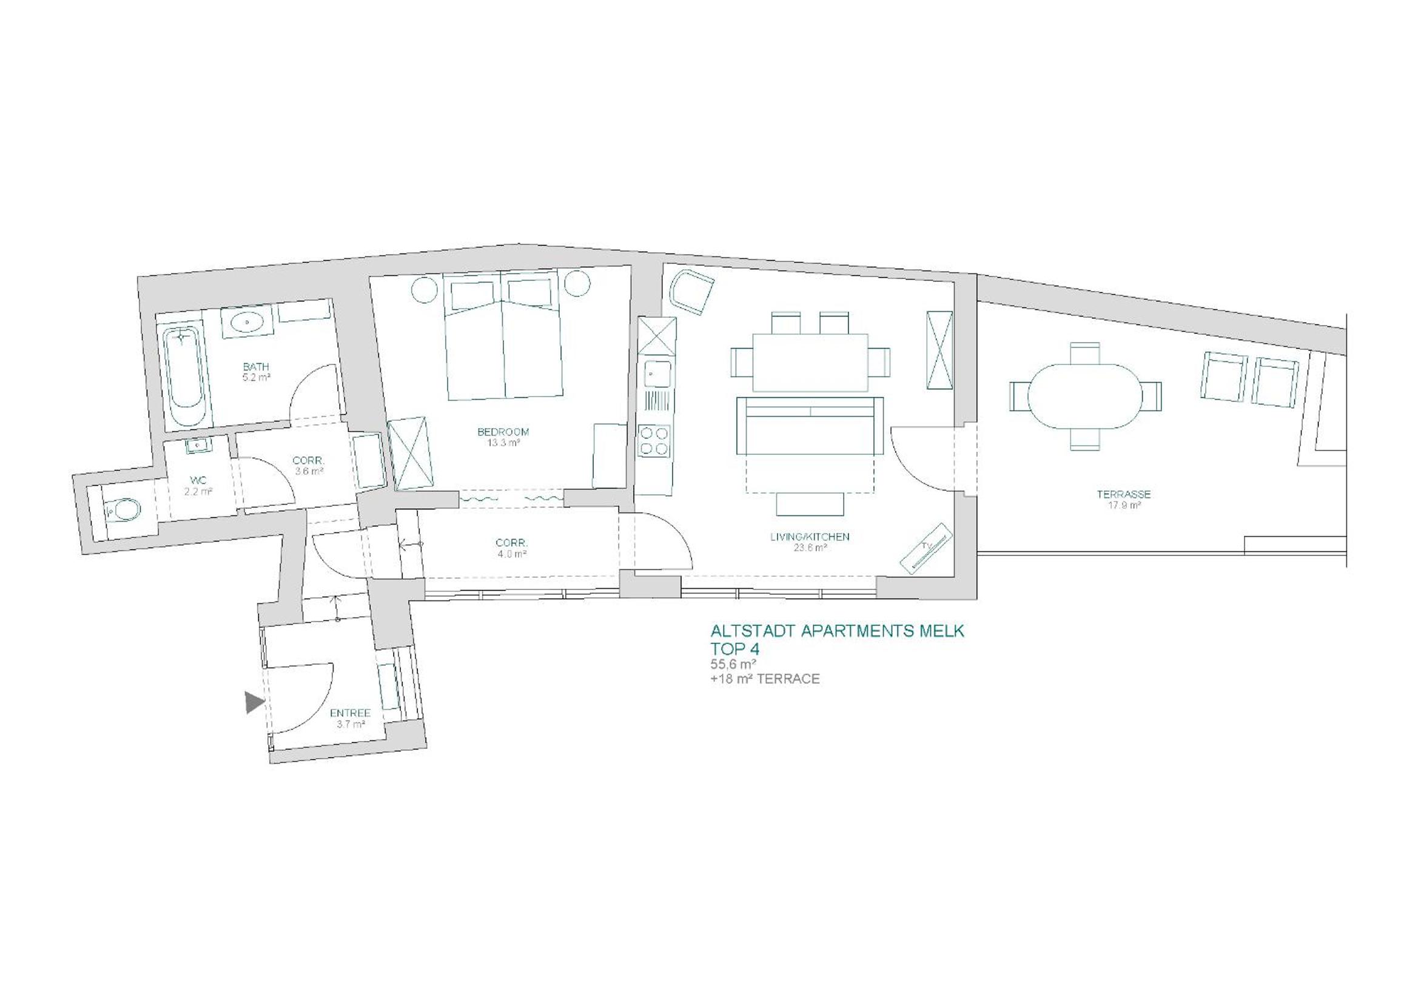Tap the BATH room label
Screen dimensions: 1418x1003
tap(256, 367)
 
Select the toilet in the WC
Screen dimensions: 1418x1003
tap(123, 510)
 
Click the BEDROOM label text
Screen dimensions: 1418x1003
tap(503, 432)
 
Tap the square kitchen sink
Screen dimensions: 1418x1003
tap(655, 372)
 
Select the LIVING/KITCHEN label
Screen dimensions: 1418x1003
tap(810, 537)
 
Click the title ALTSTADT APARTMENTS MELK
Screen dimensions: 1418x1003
tap(837, 631)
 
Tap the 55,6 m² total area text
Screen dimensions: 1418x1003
tap(734, 665)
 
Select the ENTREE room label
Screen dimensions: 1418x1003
tap(350, 713)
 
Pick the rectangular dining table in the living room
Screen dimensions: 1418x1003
tap(810, 363)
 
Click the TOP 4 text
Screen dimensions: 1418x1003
tap(735, 649)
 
